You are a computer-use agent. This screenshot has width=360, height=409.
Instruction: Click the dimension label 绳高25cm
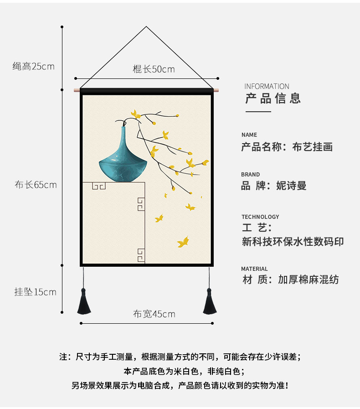(x=33, y=67)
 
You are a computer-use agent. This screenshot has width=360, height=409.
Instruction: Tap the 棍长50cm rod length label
(x=154, y=69)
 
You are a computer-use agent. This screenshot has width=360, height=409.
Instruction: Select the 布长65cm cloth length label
(x=36, y=185)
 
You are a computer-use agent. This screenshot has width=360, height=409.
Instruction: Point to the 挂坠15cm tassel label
(x=35, y=292)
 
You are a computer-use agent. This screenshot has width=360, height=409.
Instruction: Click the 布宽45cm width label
(x=154, y=314)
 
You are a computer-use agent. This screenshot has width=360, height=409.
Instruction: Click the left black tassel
(x=83, y=303)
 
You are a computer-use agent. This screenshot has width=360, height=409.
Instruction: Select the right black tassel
(x=210, y=302)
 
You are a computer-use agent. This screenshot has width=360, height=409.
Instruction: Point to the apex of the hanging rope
(x=146, y=27)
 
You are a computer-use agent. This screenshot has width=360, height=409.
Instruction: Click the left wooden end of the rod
(x=77, y=91)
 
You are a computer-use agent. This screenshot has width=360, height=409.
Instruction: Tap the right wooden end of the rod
(x=216, y=91)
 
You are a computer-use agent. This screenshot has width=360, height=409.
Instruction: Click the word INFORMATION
(x=267, y=86)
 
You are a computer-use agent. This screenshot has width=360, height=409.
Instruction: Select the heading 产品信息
(x=273, y=98)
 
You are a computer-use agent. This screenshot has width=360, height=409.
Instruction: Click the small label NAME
(x=249, y=135)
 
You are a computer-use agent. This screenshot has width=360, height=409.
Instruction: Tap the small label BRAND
(x=251, y=175)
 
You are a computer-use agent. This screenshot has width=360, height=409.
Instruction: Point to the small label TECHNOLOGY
(x=260, y=217)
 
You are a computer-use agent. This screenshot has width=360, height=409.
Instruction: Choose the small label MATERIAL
(x=254, y=269)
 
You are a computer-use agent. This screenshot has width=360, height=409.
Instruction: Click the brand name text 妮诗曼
(x=291, y=186)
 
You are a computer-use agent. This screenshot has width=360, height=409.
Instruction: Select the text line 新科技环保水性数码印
(x=293, y=242)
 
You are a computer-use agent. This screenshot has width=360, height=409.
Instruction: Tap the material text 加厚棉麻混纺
(x=309, y=280)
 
